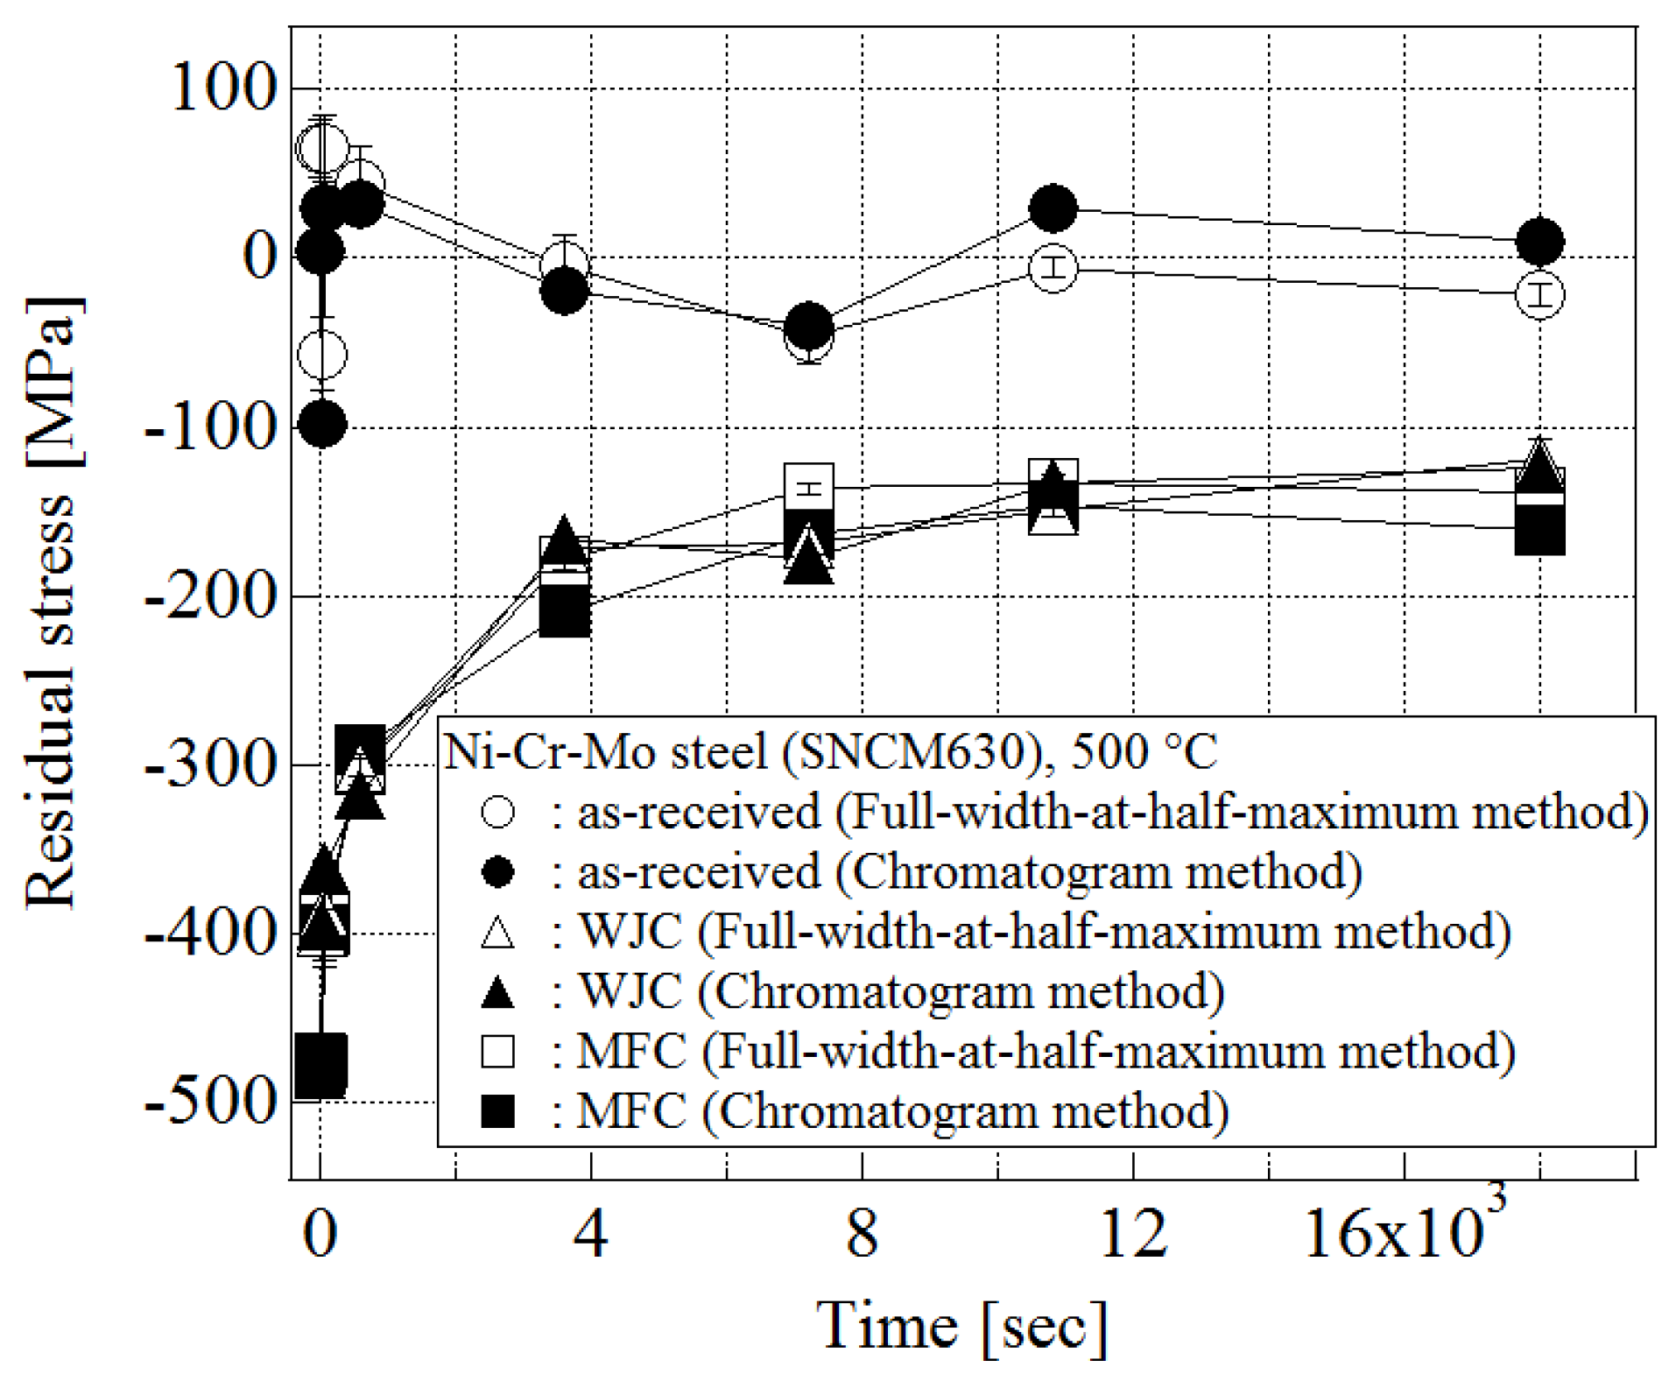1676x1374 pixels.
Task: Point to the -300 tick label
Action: click(210, 765)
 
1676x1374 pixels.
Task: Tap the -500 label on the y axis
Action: click(210, 1102)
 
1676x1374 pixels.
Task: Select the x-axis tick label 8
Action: click(862, 1234)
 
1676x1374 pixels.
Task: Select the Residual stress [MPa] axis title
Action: click(51, 604)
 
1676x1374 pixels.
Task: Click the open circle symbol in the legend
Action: click(497, 812)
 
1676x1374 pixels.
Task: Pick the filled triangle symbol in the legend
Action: click(497, 992)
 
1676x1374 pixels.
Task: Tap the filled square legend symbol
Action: click(497, 1112)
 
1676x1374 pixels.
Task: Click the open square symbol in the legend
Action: click(497, 1052)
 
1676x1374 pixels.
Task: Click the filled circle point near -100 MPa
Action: click(322, 425)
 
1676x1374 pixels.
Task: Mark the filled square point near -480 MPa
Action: click(320, 1065)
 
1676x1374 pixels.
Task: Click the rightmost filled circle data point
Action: click(1539, 241)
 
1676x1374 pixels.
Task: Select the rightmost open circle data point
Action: click(1539, 295)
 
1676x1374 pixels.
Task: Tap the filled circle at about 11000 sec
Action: click(1053, 208)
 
